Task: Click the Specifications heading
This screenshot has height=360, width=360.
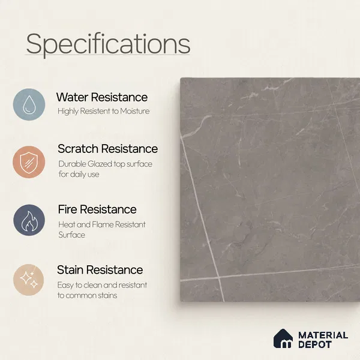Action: tap(108, 44)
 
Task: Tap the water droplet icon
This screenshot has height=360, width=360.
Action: tap(29, 104)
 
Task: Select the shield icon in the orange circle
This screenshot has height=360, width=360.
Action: tap(29, 163)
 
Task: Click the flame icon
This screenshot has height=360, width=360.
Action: tap(29, 221)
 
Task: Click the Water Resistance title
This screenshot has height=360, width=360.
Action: tap(102, 97)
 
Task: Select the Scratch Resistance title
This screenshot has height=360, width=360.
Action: tap(107, 149)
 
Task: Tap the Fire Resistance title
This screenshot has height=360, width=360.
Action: tap(97, 209)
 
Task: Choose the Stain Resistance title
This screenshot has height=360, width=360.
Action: tap(100, 270)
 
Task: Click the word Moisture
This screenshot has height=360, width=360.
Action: tap(135, 112)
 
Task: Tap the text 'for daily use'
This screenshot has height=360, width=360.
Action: tap(79, 174)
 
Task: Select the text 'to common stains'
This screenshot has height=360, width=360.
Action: tap(87, 295)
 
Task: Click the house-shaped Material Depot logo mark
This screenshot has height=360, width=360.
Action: tap(283, 338)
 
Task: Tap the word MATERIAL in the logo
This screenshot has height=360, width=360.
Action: tap(323, 335)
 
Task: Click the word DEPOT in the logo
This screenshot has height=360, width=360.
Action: tap(315, 344)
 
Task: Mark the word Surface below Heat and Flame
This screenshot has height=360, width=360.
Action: tap(71, 235)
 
